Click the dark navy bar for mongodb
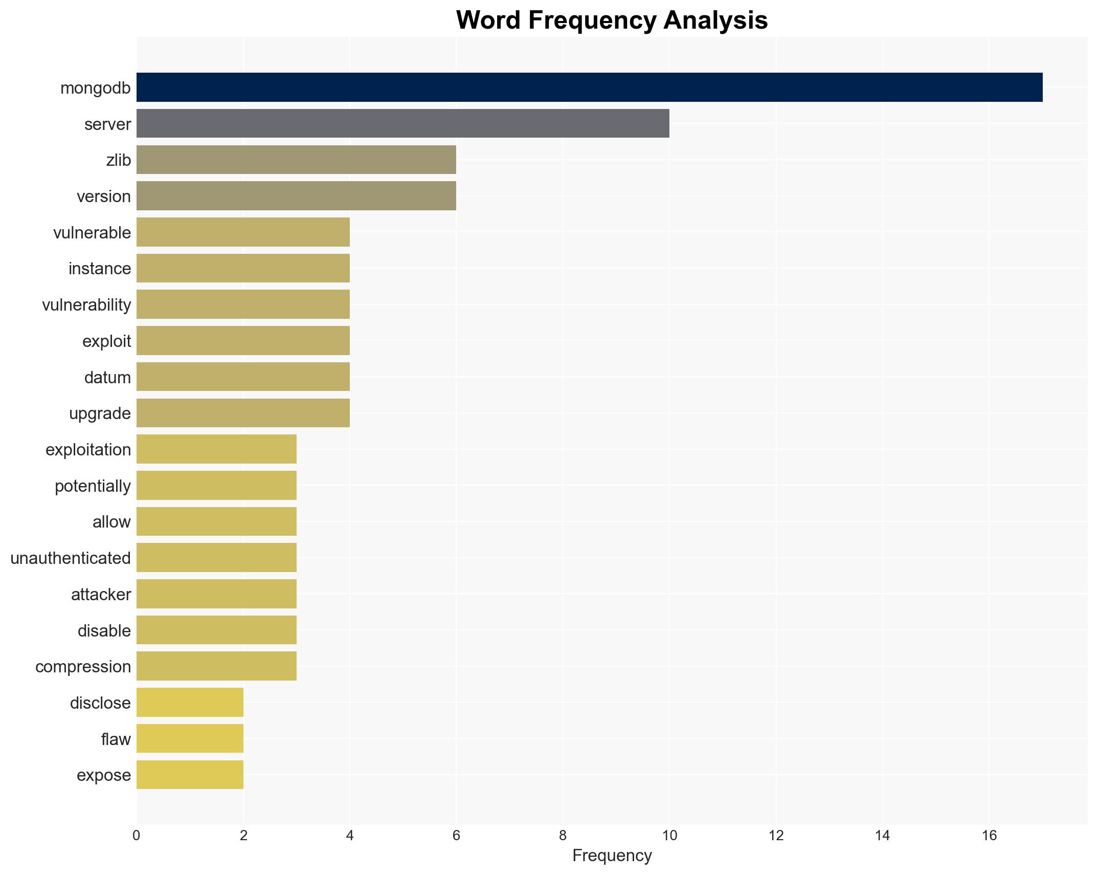589,87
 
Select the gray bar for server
402,124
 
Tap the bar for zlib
296,160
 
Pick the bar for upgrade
243,413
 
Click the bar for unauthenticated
216,558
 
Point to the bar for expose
190,775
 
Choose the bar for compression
216,666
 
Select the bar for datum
243,377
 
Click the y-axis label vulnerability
86,305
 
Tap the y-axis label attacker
101,595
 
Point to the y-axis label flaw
116,739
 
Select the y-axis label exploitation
88,450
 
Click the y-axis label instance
100,269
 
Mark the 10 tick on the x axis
669,836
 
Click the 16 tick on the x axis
989,836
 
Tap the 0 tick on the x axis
136,836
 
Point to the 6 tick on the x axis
456,836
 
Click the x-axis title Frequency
612,856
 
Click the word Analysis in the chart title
715,21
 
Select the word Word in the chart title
488,21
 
